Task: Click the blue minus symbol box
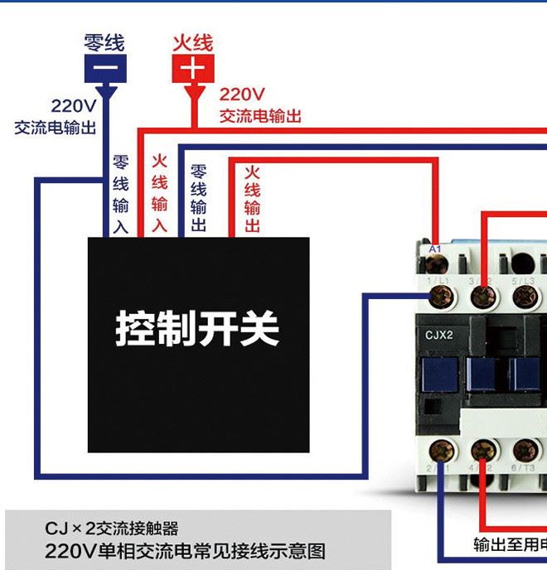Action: point(104,68)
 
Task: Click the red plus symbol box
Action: point(193,68)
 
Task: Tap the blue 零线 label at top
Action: point(104,41)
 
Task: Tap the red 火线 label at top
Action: point(193,41)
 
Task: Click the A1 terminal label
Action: point(435,249)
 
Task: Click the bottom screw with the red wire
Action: point(484,451)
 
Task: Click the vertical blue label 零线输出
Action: point(199,198)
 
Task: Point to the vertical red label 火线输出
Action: point(253,198)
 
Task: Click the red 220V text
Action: point(241,94)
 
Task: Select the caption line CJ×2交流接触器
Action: point(112,528)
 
